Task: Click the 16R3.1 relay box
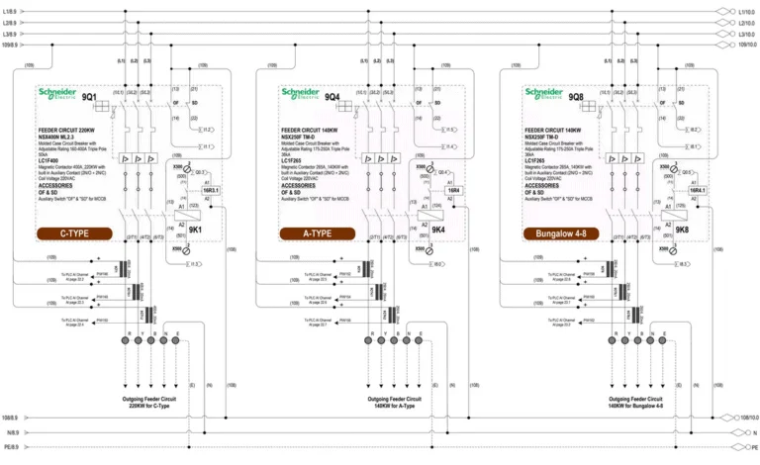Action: click(211, 190)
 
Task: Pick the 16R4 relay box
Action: click(454, 190)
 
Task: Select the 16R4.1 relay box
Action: click(699, 190)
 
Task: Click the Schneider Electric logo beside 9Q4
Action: click(299, 95)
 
